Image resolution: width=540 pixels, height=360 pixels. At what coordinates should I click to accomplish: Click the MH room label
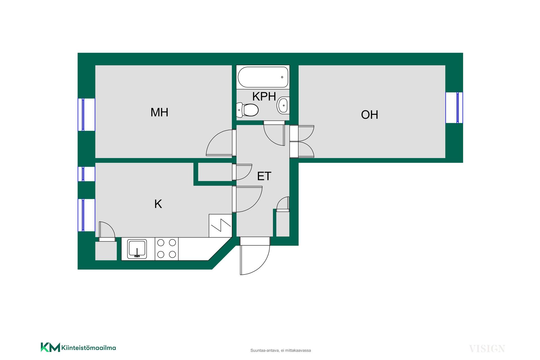click(x=159, y=112)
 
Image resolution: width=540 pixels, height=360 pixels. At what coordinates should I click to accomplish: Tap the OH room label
click(x=370, y=115)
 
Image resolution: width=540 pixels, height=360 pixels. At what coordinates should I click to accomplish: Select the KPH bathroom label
click(x=264, y=96)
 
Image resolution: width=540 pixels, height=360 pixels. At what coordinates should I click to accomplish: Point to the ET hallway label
click(x=264, y=176)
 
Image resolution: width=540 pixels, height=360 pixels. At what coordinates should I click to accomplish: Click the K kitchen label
click(x=158, y=204)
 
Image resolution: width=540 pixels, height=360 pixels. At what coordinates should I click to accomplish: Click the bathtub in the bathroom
click(x=263, y=77)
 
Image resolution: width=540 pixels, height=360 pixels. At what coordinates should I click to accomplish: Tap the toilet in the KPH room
click(x=247, y=110)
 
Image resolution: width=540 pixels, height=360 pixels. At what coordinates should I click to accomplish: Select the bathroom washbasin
click(x=283, y=105)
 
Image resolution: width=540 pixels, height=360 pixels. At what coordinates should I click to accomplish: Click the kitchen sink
click(x=137, y=249)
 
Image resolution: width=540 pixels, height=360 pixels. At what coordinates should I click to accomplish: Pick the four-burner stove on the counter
click(x=166, y=249)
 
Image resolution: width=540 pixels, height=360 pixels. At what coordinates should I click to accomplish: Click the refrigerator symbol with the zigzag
click(x=220, y=226)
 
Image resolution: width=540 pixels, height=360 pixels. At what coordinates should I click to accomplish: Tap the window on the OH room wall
click(x=454, y=108)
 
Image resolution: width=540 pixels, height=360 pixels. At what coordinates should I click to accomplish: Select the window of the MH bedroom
click(x=86, y=114)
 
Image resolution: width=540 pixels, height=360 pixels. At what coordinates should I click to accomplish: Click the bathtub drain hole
click(x=282, y=77)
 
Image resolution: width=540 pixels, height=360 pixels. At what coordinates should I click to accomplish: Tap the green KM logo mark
click(x=50, y=347)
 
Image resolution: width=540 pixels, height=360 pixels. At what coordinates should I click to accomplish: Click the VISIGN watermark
click(x=487, y=349)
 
